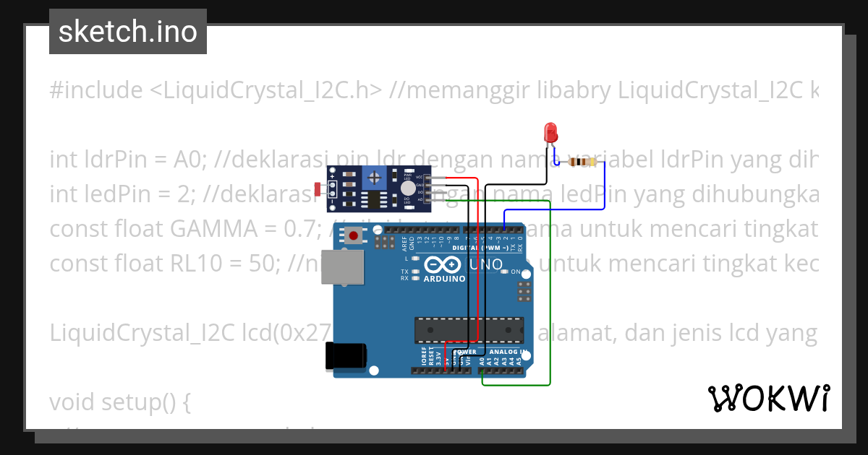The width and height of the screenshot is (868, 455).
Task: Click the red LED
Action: tap(550, 132)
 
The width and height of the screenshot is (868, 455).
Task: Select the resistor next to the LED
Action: tap(581, 162)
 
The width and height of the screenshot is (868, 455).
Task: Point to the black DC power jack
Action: tap(346, 357)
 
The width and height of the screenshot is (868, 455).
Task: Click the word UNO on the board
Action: tap(487, 264)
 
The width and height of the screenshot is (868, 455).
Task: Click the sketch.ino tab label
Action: tap(128, 32)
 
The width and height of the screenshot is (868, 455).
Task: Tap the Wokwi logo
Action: tap(768, 398)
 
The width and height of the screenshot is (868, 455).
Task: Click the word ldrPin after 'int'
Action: tap(113, 160)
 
